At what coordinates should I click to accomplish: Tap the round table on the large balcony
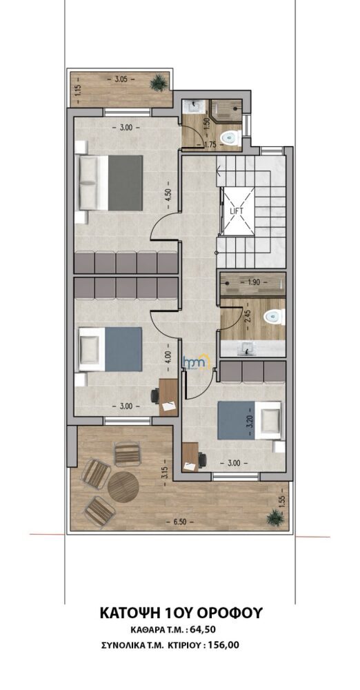(x=123, y=486)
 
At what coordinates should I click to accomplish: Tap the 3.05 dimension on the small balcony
(x=121, y=79)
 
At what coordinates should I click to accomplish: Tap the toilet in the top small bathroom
(x=231, y=138)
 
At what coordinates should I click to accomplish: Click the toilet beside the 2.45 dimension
(x=274, y=316)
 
